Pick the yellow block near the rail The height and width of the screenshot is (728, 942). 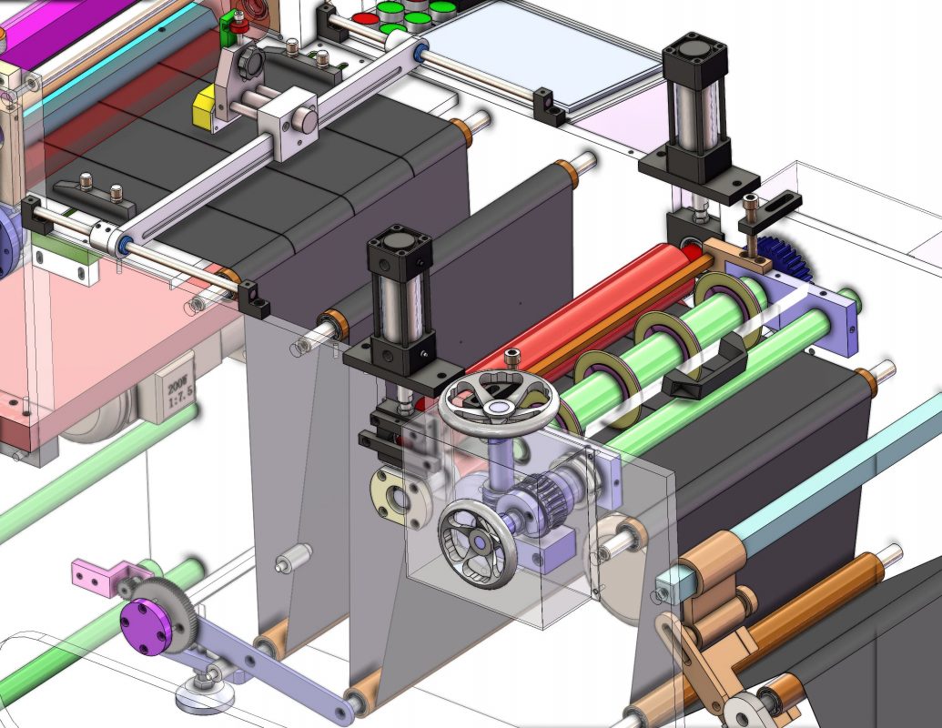coord(203,107)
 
